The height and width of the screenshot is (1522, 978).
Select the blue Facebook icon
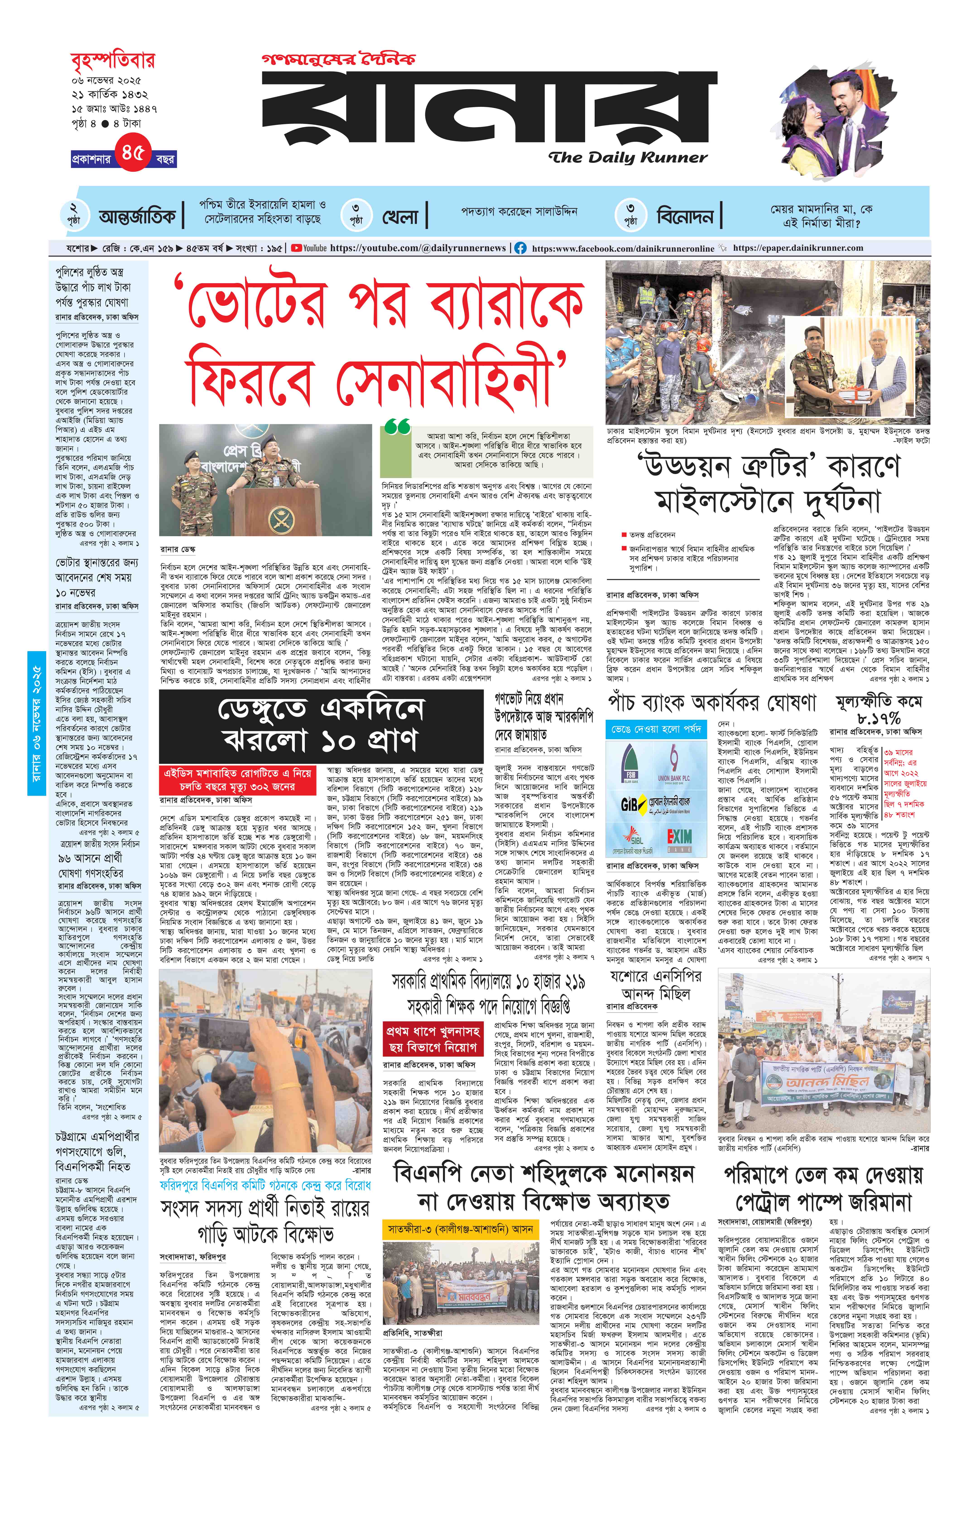tap(520, 248)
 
